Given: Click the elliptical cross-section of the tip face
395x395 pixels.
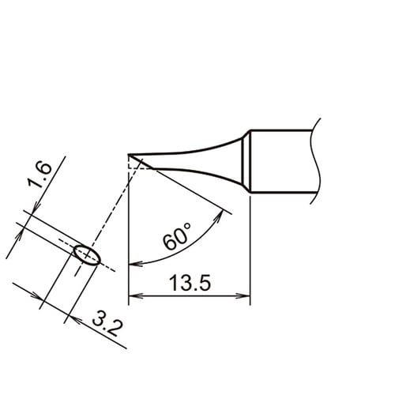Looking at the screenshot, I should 86,254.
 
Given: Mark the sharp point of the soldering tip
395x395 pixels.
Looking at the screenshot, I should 130,155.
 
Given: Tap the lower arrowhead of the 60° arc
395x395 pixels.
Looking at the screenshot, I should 133,263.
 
